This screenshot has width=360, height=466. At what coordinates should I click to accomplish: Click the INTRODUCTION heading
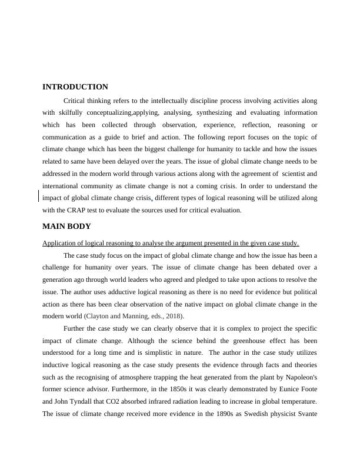75,87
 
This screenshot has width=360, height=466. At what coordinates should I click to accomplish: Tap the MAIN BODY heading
66,227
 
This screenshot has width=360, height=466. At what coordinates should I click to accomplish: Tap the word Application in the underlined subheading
61,244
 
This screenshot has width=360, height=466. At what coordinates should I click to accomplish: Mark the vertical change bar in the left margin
39,196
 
